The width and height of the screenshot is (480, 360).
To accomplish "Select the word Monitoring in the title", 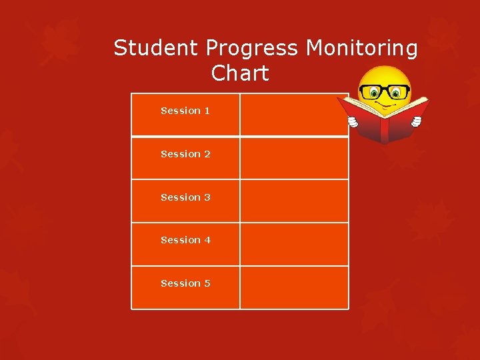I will tap(362, 48).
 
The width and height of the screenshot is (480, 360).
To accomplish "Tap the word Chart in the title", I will tap(240, 73).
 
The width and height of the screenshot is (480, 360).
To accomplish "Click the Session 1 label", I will tap(185, 111).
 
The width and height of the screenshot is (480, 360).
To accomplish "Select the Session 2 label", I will tap(185, 154).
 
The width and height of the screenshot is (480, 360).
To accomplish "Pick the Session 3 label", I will tap(185, 197).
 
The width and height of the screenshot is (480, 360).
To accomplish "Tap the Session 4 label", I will tap(185, 240).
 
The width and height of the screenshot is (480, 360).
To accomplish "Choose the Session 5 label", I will tap(185, 283).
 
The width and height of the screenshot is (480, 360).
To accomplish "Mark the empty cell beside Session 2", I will tap(294, 158).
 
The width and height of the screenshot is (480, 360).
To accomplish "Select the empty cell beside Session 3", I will tap(294, 201).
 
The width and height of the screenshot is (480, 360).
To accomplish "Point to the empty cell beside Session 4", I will tap(294, 244).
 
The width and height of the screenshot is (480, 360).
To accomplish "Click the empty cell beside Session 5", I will tap(294, 287).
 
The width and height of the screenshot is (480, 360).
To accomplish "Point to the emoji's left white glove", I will tap(353, 121).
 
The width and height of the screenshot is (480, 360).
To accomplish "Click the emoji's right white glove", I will tap(416, 121).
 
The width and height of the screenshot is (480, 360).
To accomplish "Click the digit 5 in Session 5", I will tap(207, 283).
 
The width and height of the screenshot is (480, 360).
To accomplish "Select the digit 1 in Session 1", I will tap(207, 111).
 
